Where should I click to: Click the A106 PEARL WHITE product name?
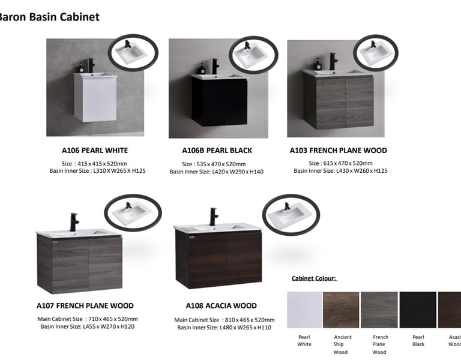pyautogui.click(x=95, y=151)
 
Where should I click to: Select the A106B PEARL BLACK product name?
pyautogui.click(x=217, y=151)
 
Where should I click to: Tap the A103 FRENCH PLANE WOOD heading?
pyautogui.click(x=339, y=151)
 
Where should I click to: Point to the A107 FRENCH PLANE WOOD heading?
pyautogui.click(x=85, y=305)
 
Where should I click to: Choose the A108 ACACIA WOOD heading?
pyautogui.click(x=221, y=305)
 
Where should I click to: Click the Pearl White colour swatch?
pyautogui.click(x=304, y=310)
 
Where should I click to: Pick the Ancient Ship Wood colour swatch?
pyautogui.click(x=341, y=310)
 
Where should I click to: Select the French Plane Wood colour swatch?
pyautogui.click(x=379, y=310)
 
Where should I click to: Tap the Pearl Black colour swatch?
pyautogui.click(x=418, y=310)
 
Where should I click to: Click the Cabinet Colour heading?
pyautogui.click(x=314, y=278)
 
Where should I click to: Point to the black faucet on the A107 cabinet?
pyautogui.click(x=74, y=222)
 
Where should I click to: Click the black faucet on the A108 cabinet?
pyautogui.click(x=214, y=217)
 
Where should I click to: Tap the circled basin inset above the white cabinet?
pyautogui.click(x=133, y=53)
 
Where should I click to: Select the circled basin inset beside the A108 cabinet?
pyautogui.click(x=291, y=215)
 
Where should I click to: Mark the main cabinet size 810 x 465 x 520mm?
pyautogui.click(x=250, y=320)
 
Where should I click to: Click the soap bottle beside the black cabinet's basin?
pyautogui.click(x=202, y=68)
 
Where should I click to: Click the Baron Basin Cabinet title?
pyautogui.click(x=49, y=17)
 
